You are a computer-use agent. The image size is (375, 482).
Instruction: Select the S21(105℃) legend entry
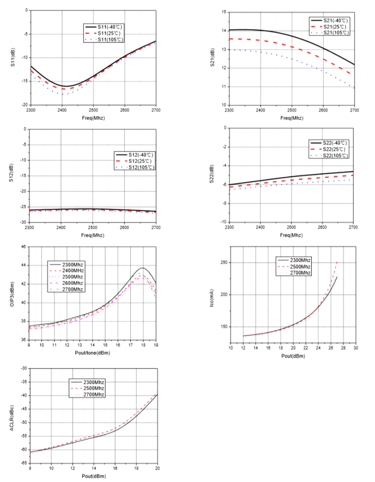(329, 33)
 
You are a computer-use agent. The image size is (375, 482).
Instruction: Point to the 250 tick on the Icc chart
(223, 262)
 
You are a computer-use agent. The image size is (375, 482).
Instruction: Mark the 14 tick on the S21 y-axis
(223, 31)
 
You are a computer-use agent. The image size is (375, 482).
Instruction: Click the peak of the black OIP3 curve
(143, 268)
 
